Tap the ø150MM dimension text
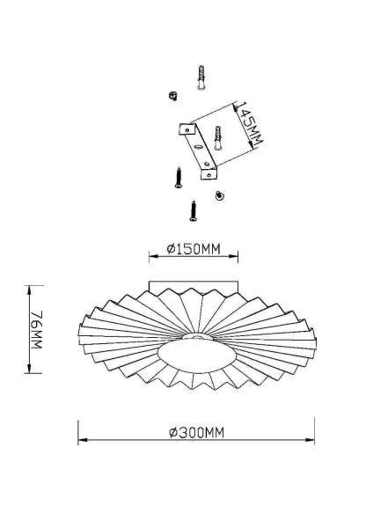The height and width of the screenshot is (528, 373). coord(194,249)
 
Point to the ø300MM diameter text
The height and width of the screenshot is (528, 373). coord(195,432)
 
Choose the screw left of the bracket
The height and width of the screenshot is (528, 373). coord(176,178)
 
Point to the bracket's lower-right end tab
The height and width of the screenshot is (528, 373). coord(212,172)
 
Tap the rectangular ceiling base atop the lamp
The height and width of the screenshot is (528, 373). coord(194,288)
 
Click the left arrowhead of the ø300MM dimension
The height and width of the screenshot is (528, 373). coord(80,442)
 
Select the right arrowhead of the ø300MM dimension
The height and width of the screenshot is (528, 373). coord(312,442)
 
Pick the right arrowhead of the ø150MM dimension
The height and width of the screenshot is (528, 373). coord(236,258)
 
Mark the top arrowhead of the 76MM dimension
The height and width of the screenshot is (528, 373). coord(31,289)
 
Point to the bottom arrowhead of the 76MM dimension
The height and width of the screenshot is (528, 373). coord(31,370)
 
